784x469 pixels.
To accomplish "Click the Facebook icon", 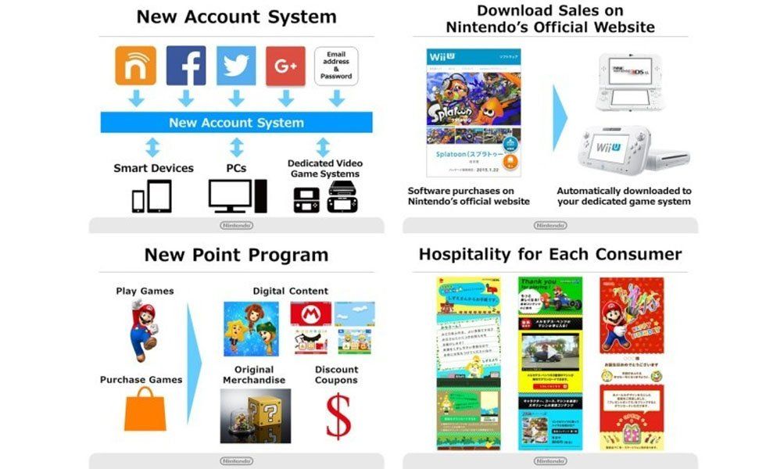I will click(185, 66).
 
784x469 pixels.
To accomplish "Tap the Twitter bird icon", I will click(235, 66).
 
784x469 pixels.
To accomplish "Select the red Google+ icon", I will click(285, 66).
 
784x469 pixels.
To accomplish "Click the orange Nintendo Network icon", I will click(135, 66).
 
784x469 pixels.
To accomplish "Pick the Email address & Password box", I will click(336, 66).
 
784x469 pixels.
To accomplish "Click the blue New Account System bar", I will click(236, 123).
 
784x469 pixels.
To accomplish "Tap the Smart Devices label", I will click(153, 168).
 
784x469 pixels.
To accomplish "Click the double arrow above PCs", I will click(237, 147).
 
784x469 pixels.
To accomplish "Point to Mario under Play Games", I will click(143, 329).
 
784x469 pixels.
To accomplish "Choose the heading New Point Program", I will click(236, 256).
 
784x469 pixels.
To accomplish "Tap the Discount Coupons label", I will click(336, 375).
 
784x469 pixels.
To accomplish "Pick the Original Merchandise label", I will click(254, 375).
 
